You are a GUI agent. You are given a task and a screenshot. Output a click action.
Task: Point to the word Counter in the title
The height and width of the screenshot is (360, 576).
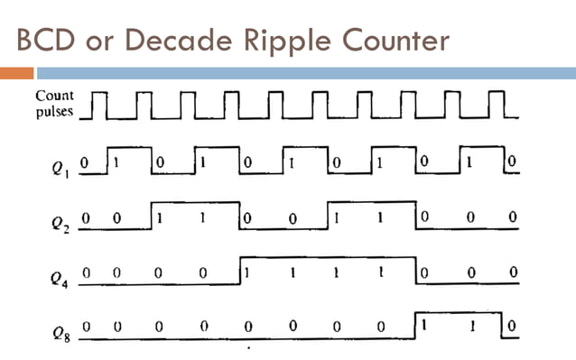[403, 41]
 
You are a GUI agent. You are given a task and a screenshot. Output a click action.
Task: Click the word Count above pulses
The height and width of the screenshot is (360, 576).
[55, 95]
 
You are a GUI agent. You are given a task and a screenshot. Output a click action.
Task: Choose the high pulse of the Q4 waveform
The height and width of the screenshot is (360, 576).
[328, 269]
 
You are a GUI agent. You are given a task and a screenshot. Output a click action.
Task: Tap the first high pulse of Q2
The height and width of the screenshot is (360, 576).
[195, 215]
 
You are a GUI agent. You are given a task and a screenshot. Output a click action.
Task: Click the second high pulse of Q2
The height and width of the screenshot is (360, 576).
[371, 215]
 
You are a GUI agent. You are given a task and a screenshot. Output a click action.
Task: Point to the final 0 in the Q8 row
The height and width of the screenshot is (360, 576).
[512, 326]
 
